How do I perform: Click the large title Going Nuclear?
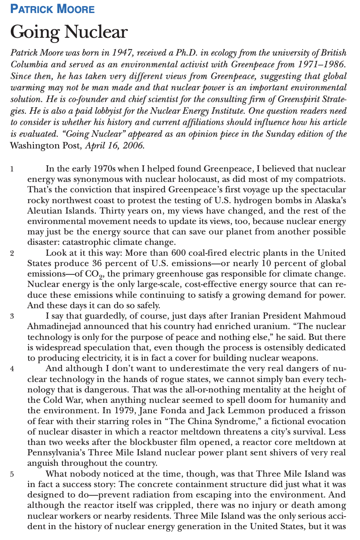pos(69,32)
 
